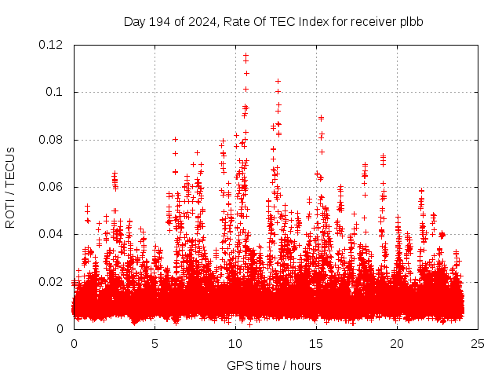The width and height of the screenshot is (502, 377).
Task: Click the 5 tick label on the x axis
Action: [155, 344]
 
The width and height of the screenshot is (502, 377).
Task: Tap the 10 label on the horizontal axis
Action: [235, 344]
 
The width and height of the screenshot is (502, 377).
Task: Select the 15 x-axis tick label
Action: [316, 344]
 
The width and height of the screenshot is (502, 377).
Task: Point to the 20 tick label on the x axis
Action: [397, 344]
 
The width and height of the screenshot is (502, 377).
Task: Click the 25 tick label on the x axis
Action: [478, 344]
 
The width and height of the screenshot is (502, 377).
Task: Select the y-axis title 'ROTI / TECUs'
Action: [10, 187]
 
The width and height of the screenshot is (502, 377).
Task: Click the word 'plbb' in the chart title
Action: [411, 21]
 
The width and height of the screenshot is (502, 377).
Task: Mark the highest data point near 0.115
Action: [246, 56]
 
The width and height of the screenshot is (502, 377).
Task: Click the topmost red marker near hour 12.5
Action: [278, 81]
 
